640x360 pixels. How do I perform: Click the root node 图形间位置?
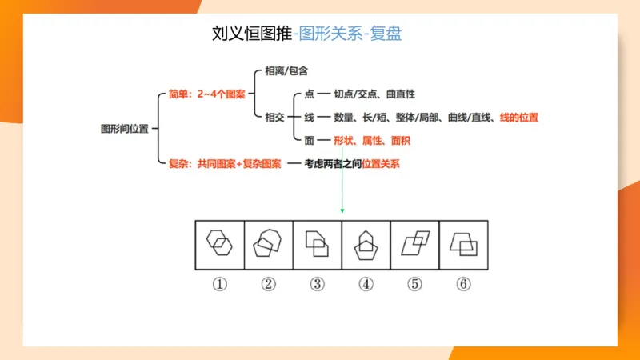pos(125,128)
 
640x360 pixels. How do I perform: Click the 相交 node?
pos(274,117)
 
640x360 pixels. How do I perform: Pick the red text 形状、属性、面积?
pos(366,140)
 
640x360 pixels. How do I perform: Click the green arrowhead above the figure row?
pos(342,210)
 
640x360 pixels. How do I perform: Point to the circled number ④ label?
pos(366,284)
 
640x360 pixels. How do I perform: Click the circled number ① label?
pos(220,284)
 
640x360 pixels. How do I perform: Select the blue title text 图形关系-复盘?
pos(348,34)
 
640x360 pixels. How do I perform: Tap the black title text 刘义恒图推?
pos(251,34)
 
